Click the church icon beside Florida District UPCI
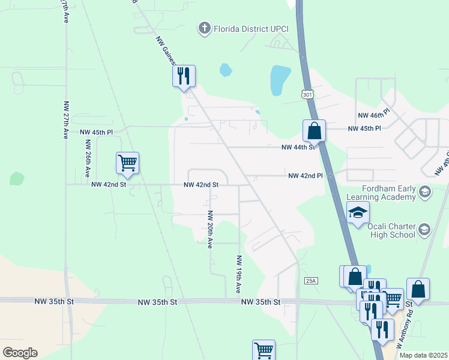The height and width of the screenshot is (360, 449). [205, 28]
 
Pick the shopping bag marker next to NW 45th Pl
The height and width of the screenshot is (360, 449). [314, 130]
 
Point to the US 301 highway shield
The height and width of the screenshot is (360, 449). [307, 94]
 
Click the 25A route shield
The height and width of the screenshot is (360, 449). [310, 280]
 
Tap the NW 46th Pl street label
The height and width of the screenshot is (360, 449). [373, 114]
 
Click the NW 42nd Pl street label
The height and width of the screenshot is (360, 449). [305, 176]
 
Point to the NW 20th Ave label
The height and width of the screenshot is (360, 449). [210, 229]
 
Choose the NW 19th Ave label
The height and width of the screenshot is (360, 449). [238, 274]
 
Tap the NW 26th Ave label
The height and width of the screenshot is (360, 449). [88, 158]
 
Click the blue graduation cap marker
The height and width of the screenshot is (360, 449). [358, 213]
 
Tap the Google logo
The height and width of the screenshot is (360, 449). [20, 352]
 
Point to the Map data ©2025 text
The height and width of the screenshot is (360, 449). [424, 355]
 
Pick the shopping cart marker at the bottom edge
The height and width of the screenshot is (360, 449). [264, 349]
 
